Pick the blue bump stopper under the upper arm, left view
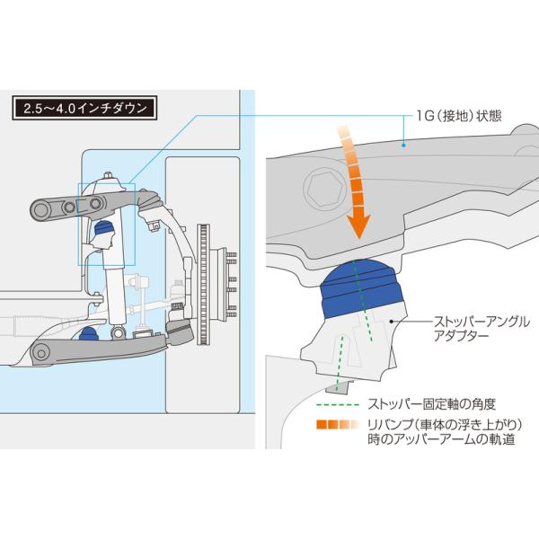coord(103,229)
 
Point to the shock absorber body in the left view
coord(116,292)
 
